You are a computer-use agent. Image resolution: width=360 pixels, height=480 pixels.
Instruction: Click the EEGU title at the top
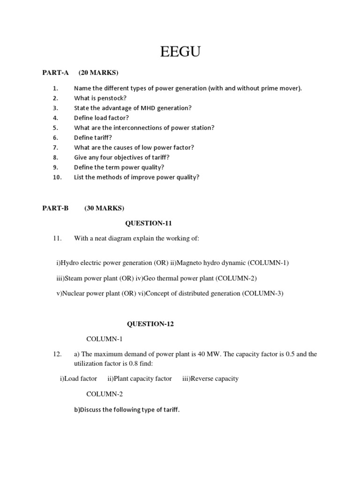tap(180, 52)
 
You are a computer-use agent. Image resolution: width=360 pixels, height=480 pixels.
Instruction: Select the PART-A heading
tap(56, 72)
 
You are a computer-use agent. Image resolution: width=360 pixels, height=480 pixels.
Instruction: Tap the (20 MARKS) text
tap(98, 72)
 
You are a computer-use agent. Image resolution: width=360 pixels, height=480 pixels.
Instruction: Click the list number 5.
tap(55, 127)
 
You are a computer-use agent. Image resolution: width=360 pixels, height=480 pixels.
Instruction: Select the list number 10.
tap(57, 177)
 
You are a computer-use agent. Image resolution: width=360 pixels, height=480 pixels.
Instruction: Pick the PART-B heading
tap(56, 208)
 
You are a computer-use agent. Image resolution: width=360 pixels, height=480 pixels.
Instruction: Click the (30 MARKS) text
tap(104, 208)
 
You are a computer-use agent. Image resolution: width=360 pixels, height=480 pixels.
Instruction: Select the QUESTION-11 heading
tap(145, 223)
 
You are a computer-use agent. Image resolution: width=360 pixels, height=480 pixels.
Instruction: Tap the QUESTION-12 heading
tap(150, 324)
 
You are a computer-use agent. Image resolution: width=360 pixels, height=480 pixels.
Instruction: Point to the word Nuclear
tap(73, 293)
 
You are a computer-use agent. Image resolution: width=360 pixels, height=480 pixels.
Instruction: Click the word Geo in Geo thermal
tap(149, 278)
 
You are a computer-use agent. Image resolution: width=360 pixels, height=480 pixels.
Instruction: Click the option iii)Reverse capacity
tap(210, 378)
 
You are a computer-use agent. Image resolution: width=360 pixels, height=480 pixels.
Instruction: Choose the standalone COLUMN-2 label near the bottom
tap(105, 394)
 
